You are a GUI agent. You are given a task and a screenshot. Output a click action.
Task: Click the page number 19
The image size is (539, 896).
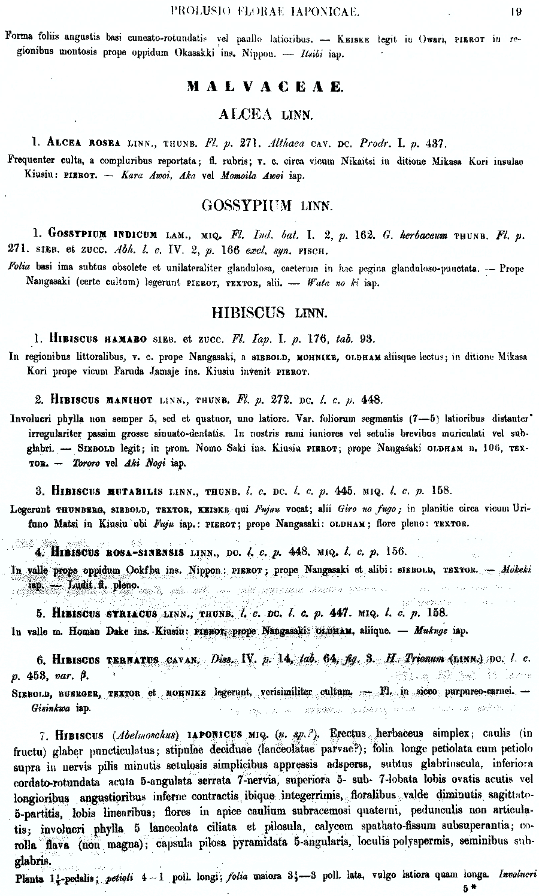coord(516,10)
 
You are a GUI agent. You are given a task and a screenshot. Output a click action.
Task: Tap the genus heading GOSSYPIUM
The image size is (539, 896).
coord(247,206)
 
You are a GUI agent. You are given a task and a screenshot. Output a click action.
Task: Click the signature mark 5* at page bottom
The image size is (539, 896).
coord(468,889)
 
